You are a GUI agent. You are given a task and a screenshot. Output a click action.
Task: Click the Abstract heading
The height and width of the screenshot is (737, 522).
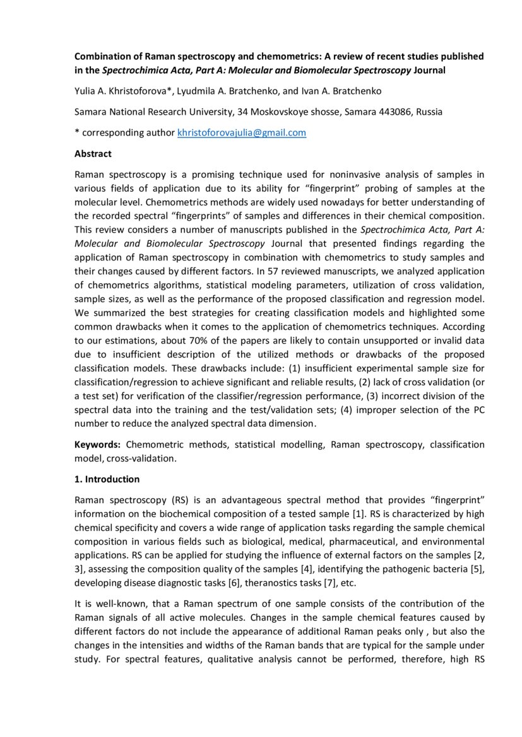click(93, 153)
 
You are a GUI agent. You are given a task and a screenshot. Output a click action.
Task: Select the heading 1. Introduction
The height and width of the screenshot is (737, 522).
click(107, 479)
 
